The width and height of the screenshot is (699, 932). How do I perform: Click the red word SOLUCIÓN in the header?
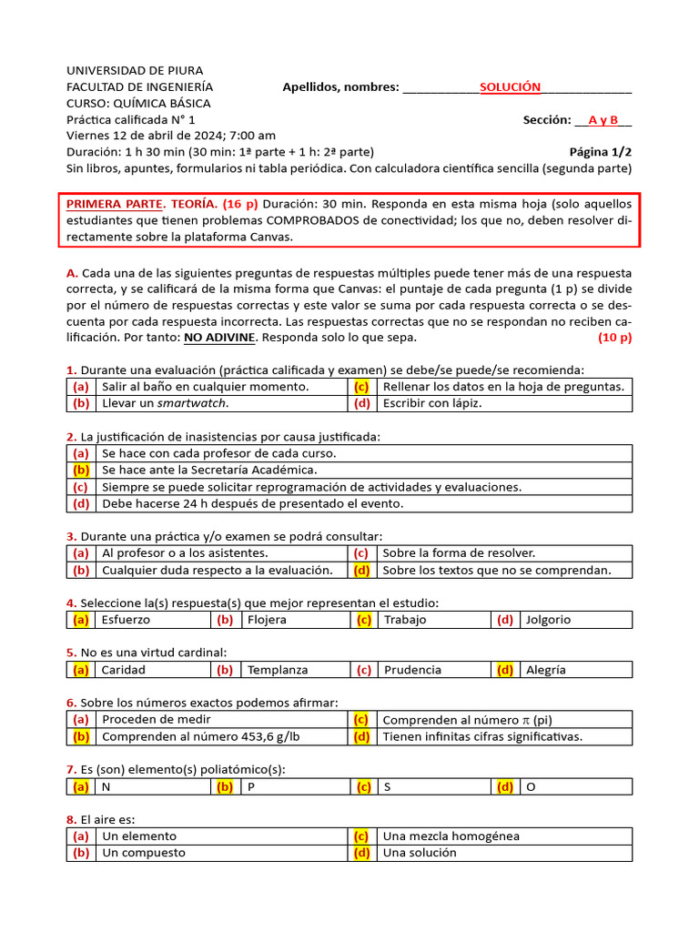pyautogui.click(x=510, y=87)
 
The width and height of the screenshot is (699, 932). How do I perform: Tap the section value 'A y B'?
pyautogui.click(x=603, y=120)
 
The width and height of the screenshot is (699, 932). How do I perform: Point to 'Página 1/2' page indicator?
pyautogui.click(x=601, y=152)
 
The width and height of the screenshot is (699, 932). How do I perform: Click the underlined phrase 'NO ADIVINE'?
pyautogui.click(x=219, y=338)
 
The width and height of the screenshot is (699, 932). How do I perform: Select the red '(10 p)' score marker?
pyautogui.click(x=614, y=338)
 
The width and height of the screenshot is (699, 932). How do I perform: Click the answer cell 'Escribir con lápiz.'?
pyautogui.click(x=432, y=403)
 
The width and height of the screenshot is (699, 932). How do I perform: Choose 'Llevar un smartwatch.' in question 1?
pyautogui.click(x=165, y=403)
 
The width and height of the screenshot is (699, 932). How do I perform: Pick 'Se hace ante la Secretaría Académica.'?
pyautogui.click(x=209, y=470)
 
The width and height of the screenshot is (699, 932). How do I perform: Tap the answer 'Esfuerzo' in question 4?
pyautogui.click(x=126, y=620)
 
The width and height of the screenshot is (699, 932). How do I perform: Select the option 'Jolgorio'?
pyautogui.click(x=549, y=620)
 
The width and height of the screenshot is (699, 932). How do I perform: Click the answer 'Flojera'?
pyautogui.click(x=267, y=620)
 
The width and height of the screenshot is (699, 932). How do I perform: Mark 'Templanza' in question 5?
pyautogui.click(x=278, y=670)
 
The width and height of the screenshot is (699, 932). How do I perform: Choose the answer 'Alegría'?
pyautogui.click(x=546, y=670)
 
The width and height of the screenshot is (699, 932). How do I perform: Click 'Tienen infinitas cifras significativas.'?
pyautogui.click(x=482, y=736)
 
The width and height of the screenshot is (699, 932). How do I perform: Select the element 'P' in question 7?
pyautogui.click(x=251, y=786)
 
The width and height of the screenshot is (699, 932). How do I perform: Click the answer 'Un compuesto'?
pyautogui.click(x=143, y=853)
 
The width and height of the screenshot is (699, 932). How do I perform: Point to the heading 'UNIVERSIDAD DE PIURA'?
pyautogui.click(x=135, y=70)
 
